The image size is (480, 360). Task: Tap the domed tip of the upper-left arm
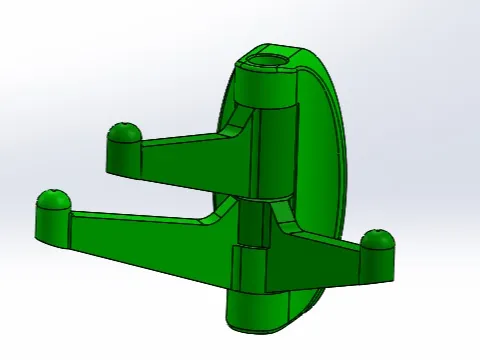(123, 133)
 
